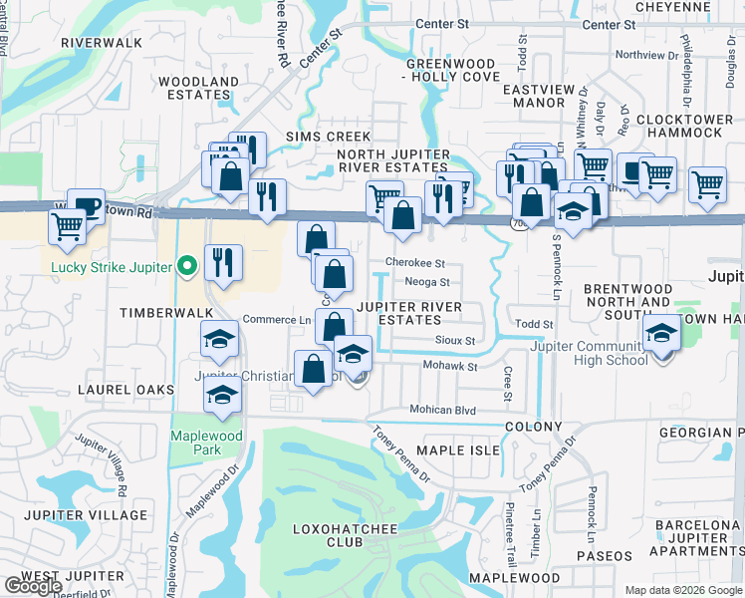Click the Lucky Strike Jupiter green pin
coord(184,266)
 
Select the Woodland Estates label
coord(199,88)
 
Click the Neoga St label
coord(427,282)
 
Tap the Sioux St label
coord(455,341)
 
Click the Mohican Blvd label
coord(443,410)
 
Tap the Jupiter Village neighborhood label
coord(84,515)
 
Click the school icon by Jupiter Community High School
coord(660,336)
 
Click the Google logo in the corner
coord(33,586)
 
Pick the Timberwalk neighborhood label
coord(154,312)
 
